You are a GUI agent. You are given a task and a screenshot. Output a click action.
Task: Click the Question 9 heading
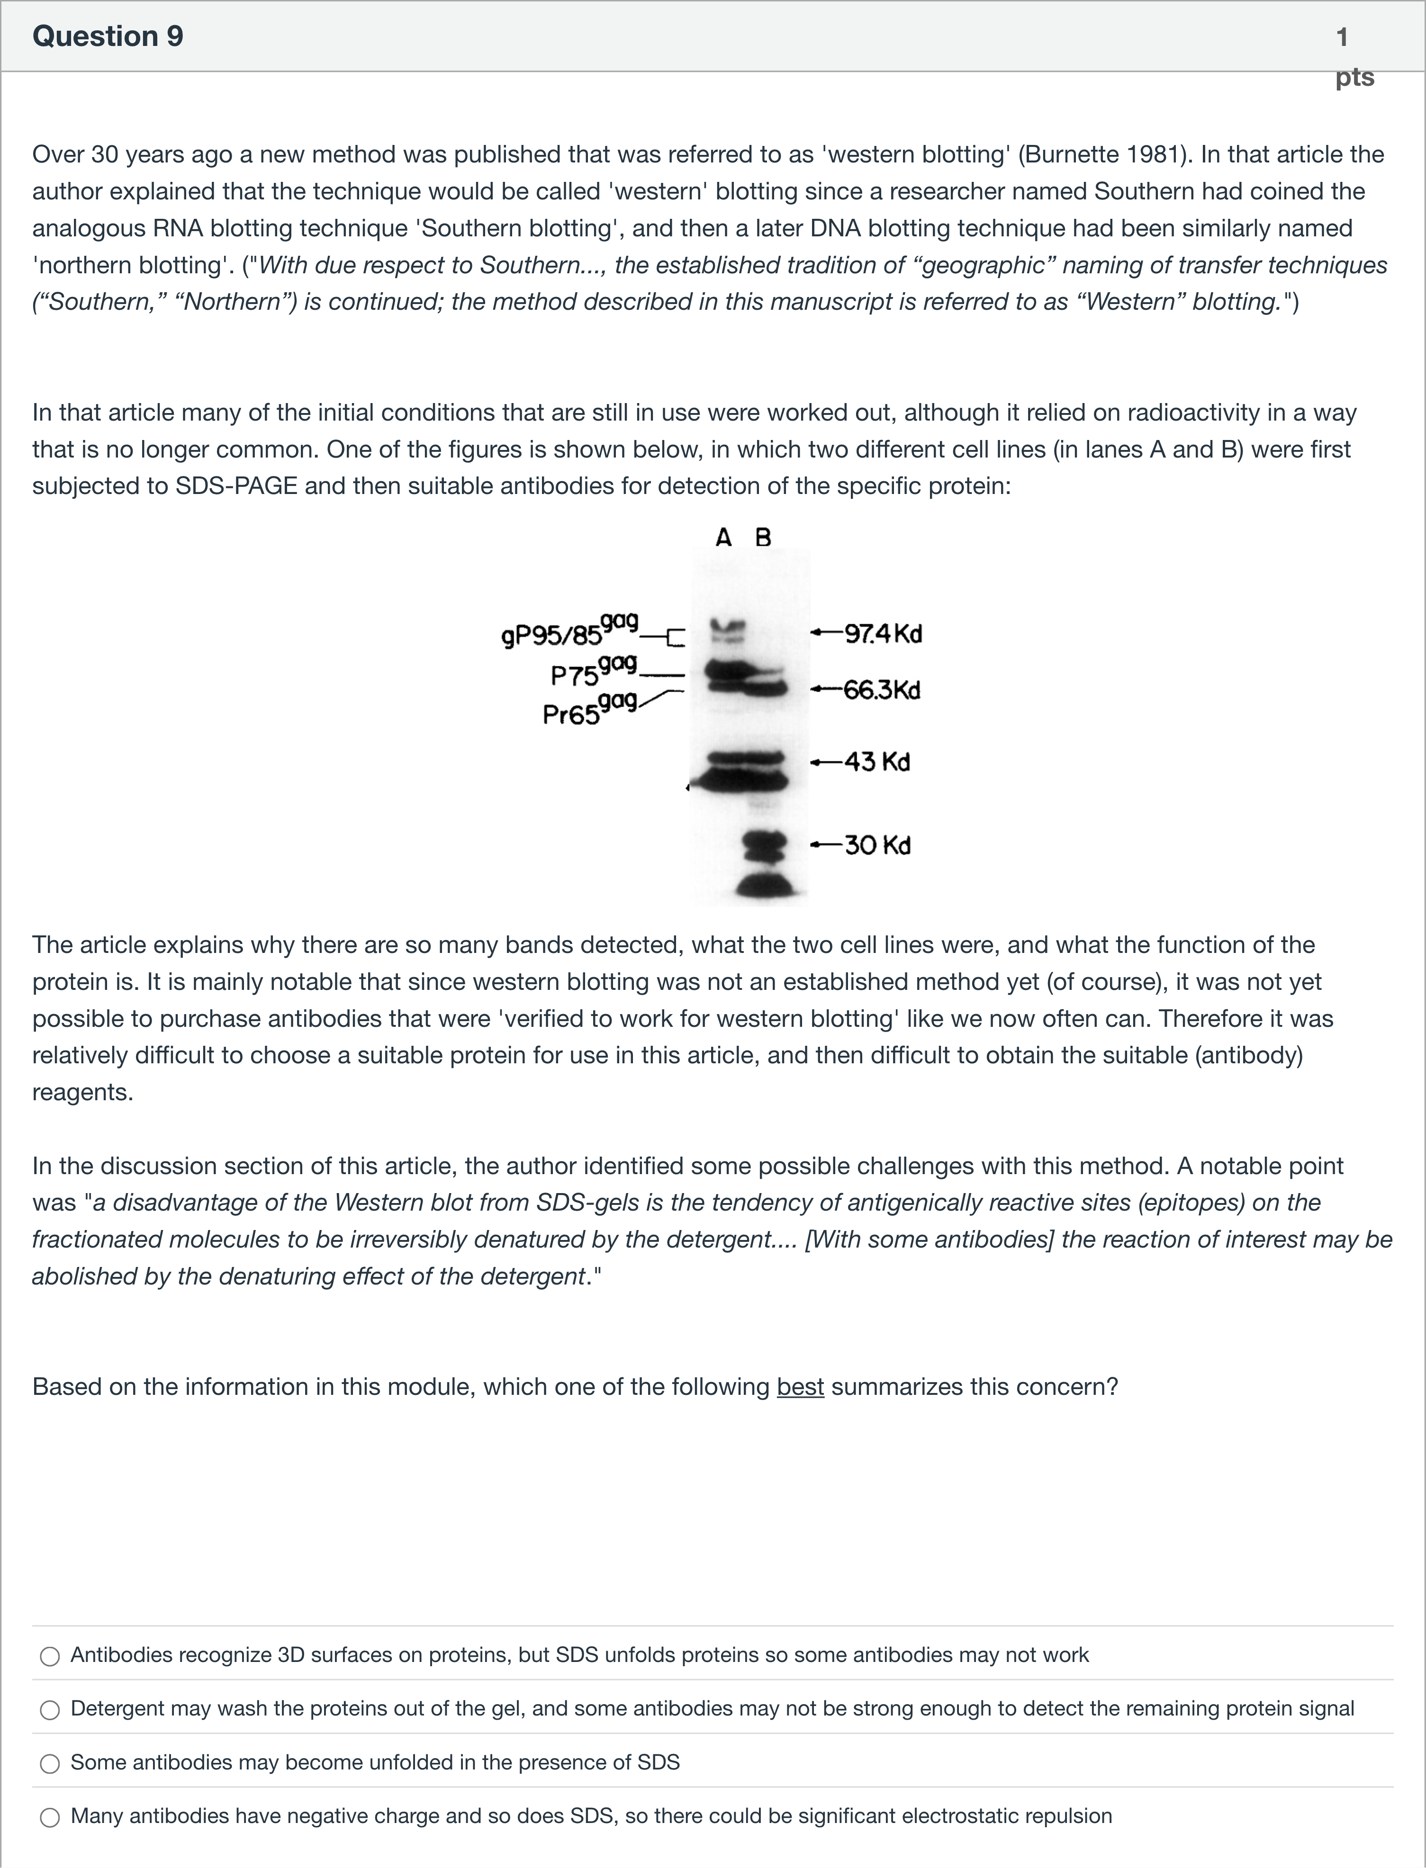108,36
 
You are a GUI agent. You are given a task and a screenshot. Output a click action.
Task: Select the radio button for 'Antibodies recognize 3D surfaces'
50,1656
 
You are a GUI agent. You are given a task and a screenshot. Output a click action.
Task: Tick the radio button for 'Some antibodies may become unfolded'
50,1764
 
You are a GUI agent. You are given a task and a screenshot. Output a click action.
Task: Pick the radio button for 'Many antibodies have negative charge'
50,1817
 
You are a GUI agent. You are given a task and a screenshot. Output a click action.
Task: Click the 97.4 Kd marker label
882,634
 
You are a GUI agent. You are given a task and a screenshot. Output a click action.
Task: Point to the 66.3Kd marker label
881,690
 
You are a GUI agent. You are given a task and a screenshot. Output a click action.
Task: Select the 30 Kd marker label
877,845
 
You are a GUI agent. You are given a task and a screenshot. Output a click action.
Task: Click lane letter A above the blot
723,537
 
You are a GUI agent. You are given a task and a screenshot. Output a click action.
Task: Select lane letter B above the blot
763,537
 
